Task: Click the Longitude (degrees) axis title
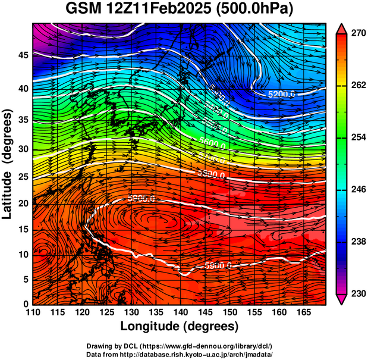click(x=180, y=327)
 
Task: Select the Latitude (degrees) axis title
click(x=8, y=164)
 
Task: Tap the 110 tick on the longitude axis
click(x=33, y=312)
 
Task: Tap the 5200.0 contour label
click(x=282, y=94)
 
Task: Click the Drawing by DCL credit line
click(x=180, y=346)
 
